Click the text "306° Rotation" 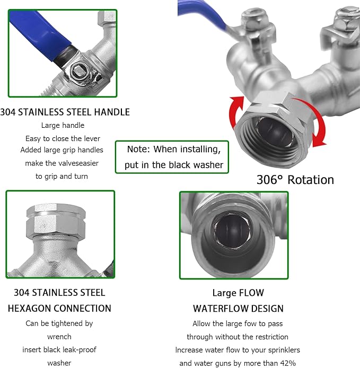(295, 180)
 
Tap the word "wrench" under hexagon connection (59, 336)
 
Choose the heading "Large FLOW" (238, 293)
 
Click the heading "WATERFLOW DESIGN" (238, 308)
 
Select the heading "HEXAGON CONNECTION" (59, 308)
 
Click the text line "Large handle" (63, 126)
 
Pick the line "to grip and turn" (62, 176)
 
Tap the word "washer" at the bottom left (59, 363)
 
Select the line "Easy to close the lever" (63, 138)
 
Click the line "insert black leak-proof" (59, 350)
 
